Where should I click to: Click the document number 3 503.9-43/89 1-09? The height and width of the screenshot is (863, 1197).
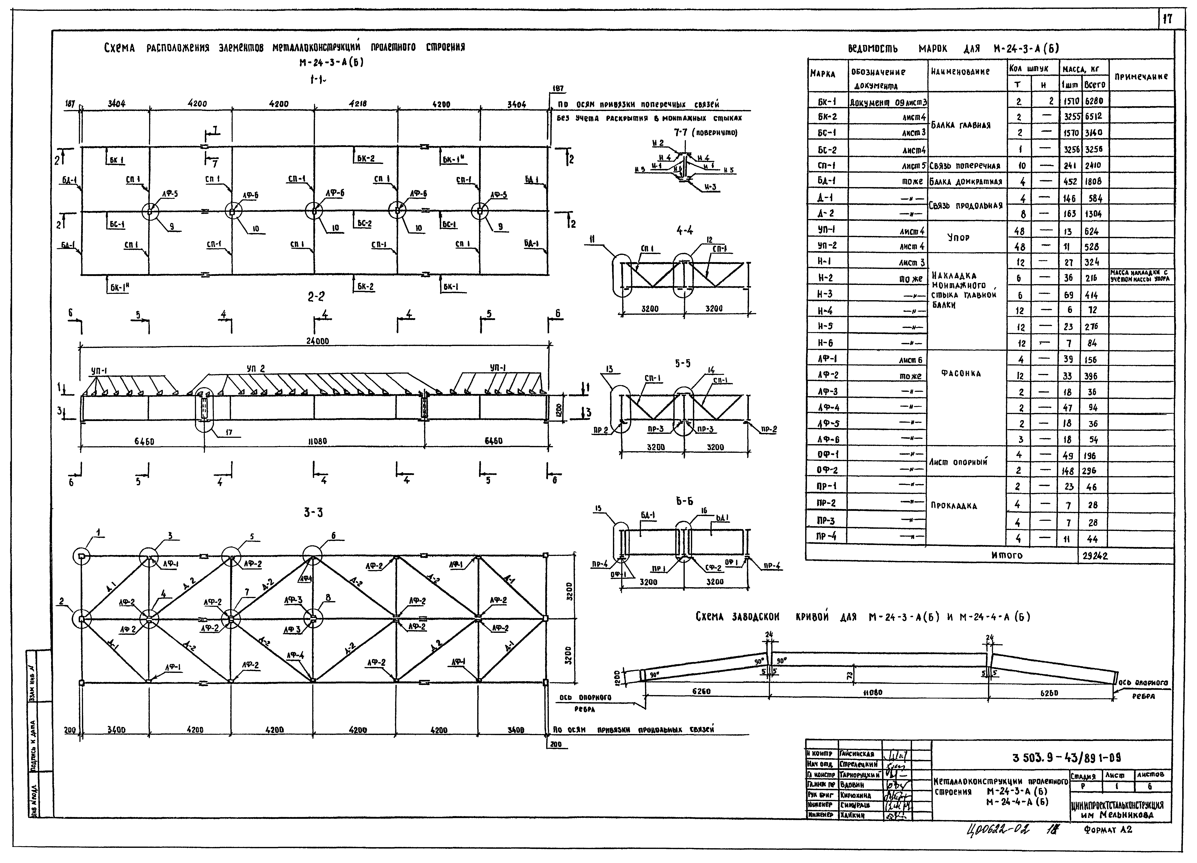coord(1066,758)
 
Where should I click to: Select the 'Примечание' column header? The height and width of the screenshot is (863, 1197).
coord(1141,76)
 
